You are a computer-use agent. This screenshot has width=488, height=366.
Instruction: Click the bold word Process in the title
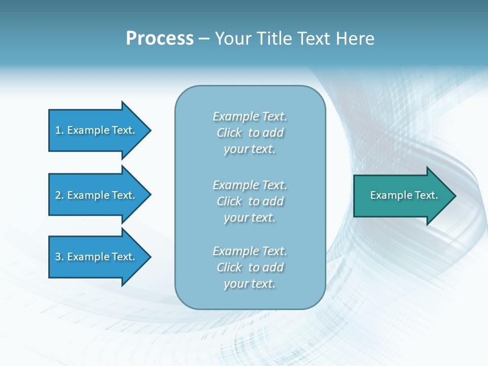(160, 39)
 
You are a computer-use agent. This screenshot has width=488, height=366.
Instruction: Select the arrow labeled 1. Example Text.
(95, 130)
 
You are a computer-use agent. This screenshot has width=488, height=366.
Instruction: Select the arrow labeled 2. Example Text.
(95, 195)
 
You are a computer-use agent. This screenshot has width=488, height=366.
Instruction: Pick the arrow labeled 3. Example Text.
(95, 257)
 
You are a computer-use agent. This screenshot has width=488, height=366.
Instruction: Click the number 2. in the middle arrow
(59, 195)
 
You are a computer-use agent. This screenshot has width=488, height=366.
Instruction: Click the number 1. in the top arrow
(59, 130)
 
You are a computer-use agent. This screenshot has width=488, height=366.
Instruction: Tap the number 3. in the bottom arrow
(59, 257)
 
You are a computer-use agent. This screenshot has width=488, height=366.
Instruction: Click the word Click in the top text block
(229, 133)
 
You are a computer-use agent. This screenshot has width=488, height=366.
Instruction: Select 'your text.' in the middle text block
(250, 218)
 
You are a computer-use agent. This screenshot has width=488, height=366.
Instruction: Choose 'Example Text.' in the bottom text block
(250, 251)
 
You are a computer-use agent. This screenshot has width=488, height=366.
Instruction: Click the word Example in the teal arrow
(389, 195)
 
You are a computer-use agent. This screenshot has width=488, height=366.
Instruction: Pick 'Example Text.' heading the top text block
(250, 116)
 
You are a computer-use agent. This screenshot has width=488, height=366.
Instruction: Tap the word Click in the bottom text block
(229, 267)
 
